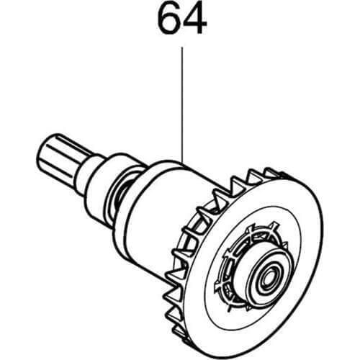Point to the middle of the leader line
(x=182, y=104)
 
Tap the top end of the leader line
(x=182, y=48)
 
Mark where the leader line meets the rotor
(x=182, y=160)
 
